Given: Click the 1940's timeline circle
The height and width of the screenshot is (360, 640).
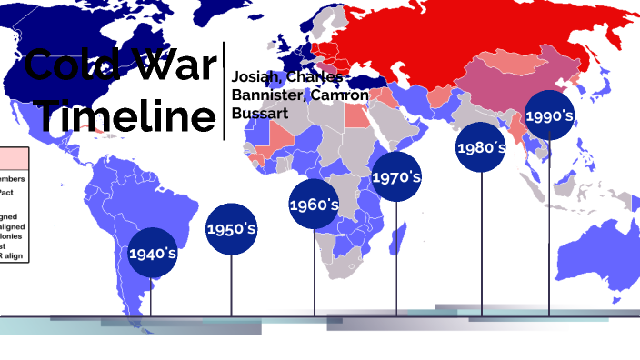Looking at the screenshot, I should [x=151, y=253].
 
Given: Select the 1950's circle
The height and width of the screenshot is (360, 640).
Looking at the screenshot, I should [x=231, y=228].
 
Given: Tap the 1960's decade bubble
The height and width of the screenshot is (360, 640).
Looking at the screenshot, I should [x=314, y=205].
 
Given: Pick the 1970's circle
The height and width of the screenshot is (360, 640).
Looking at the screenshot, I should [x=396, y=177].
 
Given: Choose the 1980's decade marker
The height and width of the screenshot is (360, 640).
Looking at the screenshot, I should [x=481, y=146].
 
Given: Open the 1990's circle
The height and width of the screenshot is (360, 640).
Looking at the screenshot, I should [x=549, y=115].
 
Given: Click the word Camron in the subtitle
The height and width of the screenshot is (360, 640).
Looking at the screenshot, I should [x=339, y=96].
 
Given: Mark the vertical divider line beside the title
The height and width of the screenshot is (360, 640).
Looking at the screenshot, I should [x=224, y=91].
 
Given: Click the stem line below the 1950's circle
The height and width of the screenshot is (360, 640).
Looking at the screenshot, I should [x=231, y=286].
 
